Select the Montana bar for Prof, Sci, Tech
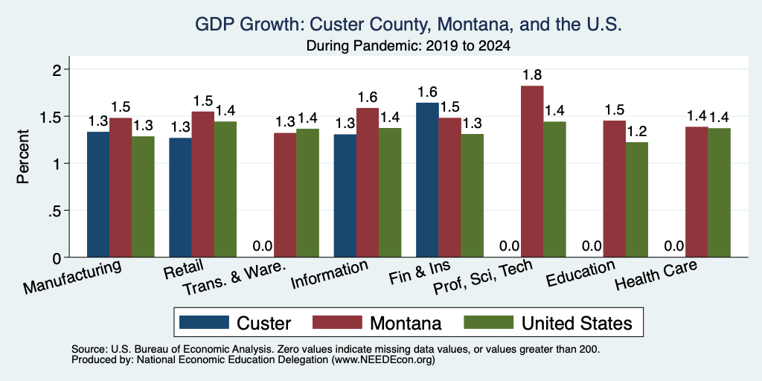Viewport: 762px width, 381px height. [532, 171]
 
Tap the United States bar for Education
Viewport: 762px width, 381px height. [637, 199]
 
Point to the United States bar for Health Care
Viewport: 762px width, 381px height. [720, 193]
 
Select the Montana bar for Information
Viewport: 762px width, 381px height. [368, 182]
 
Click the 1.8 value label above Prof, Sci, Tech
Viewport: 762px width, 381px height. [532, 75]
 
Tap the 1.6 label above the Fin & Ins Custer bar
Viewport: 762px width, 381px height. [428, 92]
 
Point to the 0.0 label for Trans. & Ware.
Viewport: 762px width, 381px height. [263, 246]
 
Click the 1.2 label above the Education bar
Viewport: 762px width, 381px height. [637, 131]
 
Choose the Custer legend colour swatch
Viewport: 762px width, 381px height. [204, 322]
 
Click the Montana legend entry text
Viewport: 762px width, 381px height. [406, 323]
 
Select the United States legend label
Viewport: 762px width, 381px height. [577, 323]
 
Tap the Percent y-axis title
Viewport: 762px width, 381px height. [23, 156]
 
